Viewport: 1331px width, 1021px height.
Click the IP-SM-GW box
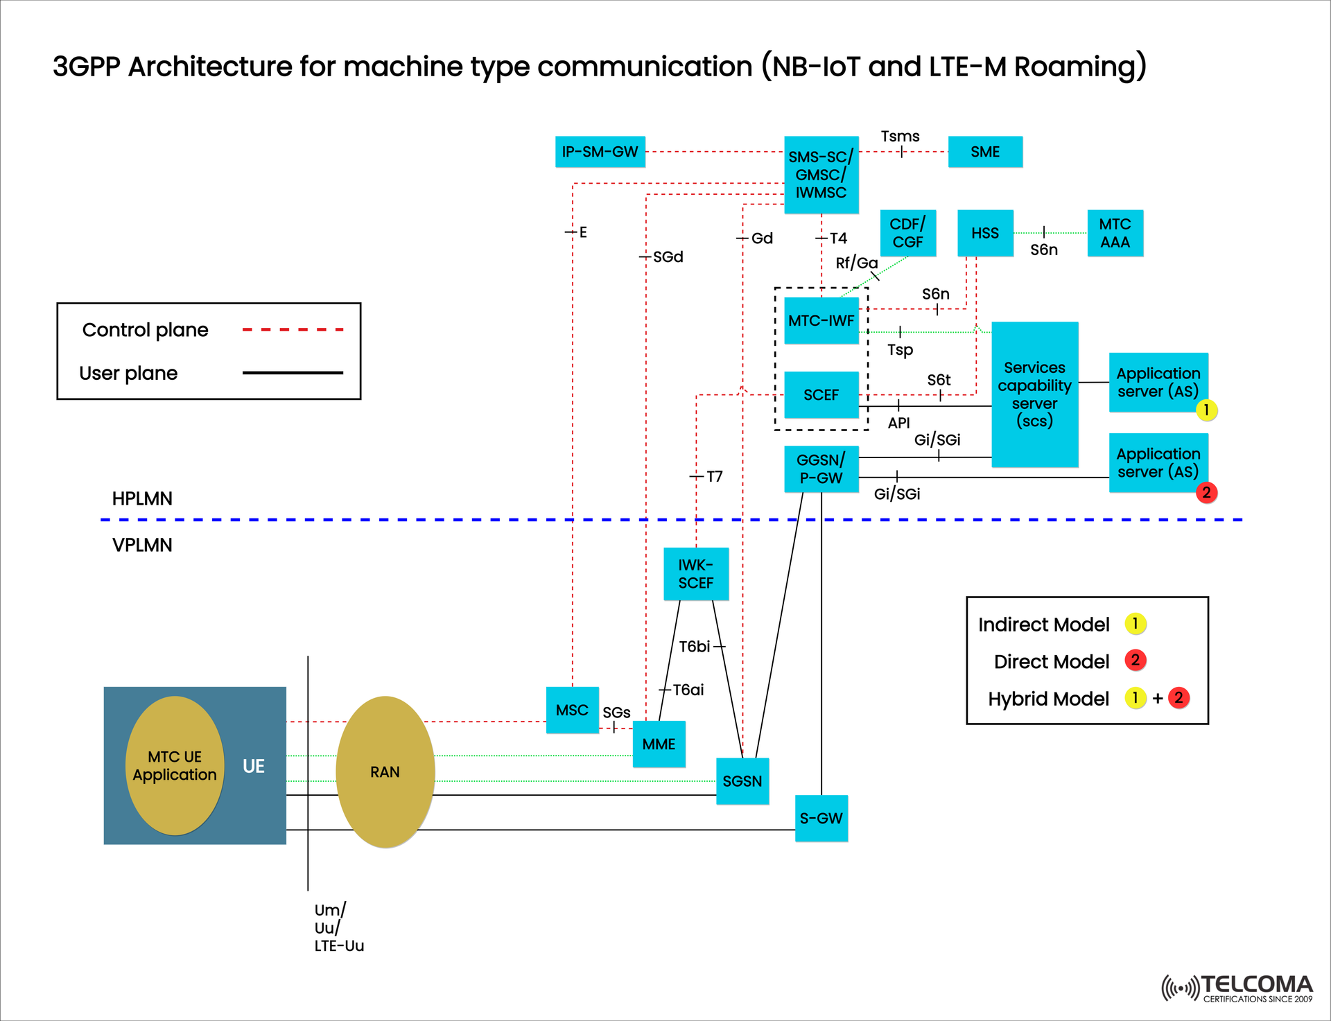[x=600, y=152]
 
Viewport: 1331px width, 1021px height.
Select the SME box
[x=984, y=152]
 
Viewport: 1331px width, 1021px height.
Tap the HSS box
[x=984, y=233]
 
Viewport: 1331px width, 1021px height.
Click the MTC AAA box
[x=1115, y=233]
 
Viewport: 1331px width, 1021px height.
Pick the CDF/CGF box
[x=907, y=233]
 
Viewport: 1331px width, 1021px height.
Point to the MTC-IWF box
[x=821, y=320]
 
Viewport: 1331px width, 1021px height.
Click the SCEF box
[x=821, y=394]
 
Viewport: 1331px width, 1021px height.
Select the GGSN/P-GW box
[x=821, y=469]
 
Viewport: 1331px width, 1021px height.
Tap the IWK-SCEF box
[x=695, y=574]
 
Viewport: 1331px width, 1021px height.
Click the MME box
[x=659, y=744]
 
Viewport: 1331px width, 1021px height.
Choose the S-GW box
[x=821, y=818]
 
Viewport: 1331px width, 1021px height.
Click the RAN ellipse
[x=385, y=771]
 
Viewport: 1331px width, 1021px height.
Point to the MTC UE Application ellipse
[x=175, y=765]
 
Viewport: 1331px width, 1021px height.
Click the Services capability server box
[x=1034, y=394]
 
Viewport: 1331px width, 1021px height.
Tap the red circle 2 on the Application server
[x=1206, y=493]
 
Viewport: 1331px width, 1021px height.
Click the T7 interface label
[x=714, y=476]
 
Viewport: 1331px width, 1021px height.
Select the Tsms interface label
[x=900, y=137]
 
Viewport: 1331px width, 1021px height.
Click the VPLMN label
[x=142, y=545]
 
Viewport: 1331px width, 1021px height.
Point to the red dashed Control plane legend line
[x=293, y=330]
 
